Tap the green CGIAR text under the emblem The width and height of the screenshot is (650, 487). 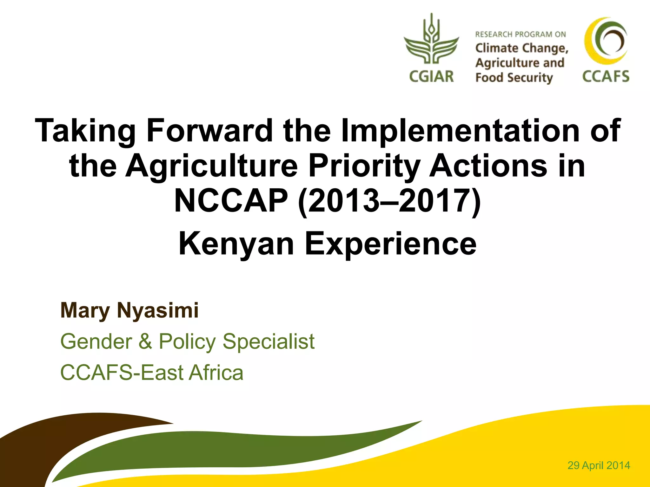431,76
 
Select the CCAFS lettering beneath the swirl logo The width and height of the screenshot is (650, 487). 606,76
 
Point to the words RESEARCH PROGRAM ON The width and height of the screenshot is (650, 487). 520,34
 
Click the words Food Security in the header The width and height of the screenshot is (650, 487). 514,78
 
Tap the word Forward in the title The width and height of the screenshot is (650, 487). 209,130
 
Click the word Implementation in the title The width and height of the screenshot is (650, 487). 460,130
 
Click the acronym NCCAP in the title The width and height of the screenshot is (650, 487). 231,201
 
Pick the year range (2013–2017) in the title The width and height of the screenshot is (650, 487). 390,201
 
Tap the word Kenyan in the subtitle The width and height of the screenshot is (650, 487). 236,243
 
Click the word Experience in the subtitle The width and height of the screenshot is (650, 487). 391,243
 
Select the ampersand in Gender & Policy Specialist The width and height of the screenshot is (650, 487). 145,341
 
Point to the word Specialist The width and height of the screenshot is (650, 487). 269,341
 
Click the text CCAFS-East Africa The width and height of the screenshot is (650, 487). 152,373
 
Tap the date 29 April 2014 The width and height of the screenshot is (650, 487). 599,465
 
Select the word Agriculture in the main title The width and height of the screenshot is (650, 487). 212,166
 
